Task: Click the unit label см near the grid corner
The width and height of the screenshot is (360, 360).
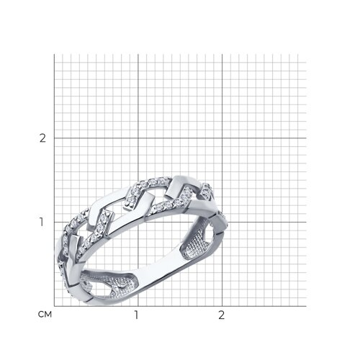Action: coord(45,314)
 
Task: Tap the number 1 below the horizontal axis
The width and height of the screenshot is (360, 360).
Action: coord(136,315)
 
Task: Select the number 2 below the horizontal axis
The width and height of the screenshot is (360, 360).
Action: coord(221,315)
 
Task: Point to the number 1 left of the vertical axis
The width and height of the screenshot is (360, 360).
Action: coord(42,222)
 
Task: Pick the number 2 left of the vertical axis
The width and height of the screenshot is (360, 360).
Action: coord(42,138)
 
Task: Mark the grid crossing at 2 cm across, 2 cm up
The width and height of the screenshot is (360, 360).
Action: coord(222,138)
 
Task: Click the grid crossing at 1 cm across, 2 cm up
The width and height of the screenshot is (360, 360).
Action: coord(138,138)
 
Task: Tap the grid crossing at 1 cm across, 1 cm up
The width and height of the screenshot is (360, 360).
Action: coord(138,222)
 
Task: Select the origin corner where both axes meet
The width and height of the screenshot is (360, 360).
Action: coord(54,306)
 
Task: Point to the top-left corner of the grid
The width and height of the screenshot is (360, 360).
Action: coord(54,54)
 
